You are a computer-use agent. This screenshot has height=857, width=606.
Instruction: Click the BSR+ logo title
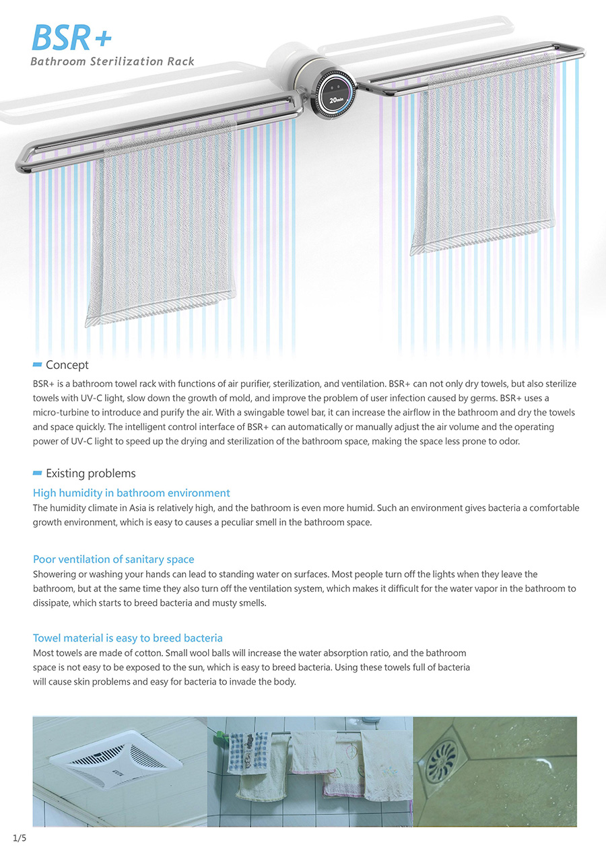[x=71, y=38]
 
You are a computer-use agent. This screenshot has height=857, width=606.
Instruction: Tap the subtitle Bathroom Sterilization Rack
[x=112, y=62]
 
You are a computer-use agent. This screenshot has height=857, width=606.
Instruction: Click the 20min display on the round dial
[x=337, y=100]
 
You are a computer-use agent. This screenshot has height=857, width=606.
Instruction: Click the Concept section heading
[x=67, y=365]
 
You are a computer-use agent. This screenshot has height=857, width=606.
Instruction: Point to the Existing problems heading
[x=91, y=473]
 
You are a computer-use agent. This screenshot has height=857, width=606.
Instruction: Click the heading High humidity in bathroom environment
[x=131, y=493]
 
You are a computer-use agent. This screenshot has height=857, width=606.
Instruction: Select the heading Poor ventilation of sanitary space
[x=113, y=559]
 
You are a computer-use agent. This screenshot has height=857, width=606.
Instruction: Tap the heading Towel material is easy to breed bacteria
[x=128, y=638]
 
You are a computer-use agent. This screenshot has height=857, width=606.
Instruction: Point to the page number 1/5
[x=19, y=837]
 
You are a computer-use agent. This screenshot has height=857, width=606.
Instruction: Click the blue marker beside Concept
[x=37, y=365]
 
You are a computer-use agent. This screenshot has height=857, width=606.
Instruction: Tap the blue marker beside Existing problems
[x=37, y=473]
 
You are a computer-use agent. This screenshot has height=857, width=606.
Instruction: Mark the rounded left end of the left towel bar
[x=22, y=160]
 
